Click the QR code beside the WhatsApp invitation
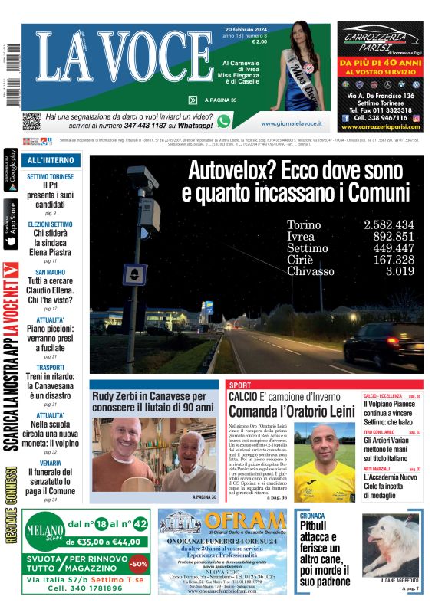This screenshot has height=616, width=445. tap(31, 120)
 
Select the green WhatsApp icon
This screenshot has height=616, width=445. tap(223, 121)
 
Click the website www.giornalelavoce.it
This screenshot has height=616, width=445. tap(291, 123)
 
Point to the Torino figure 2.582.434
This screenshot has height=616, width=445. tap(389, 224)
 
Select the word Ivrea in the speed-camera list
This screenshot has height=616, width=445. tap(301, 237)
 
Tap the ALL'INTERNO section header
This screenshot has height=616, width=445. tap(51, 161)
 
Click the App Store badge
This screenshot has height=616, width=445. tap(11, 224)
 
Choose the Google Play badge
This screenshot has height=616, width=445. tap(11, 172)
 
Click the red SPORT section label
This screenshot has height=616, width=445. tap(240, 385)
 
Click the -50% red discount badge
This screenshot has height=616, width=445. tap(139, 564)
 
